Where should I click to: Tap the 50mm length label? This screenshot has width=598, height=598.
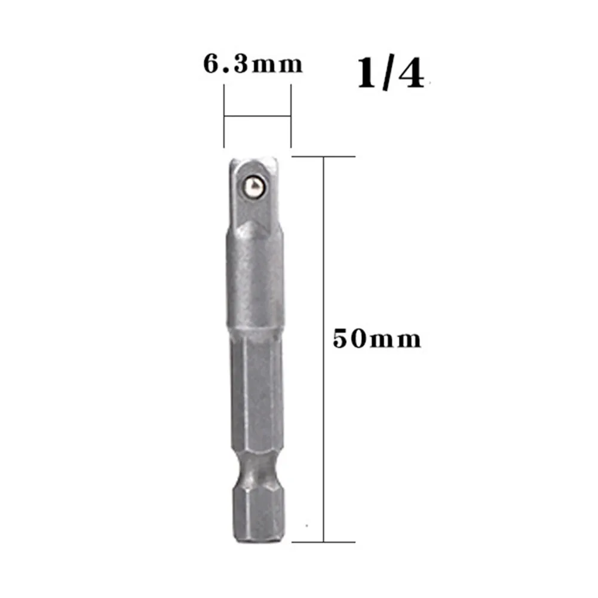377,339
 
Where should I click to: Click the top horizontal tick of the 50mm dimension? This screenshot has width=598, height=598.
326,157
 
